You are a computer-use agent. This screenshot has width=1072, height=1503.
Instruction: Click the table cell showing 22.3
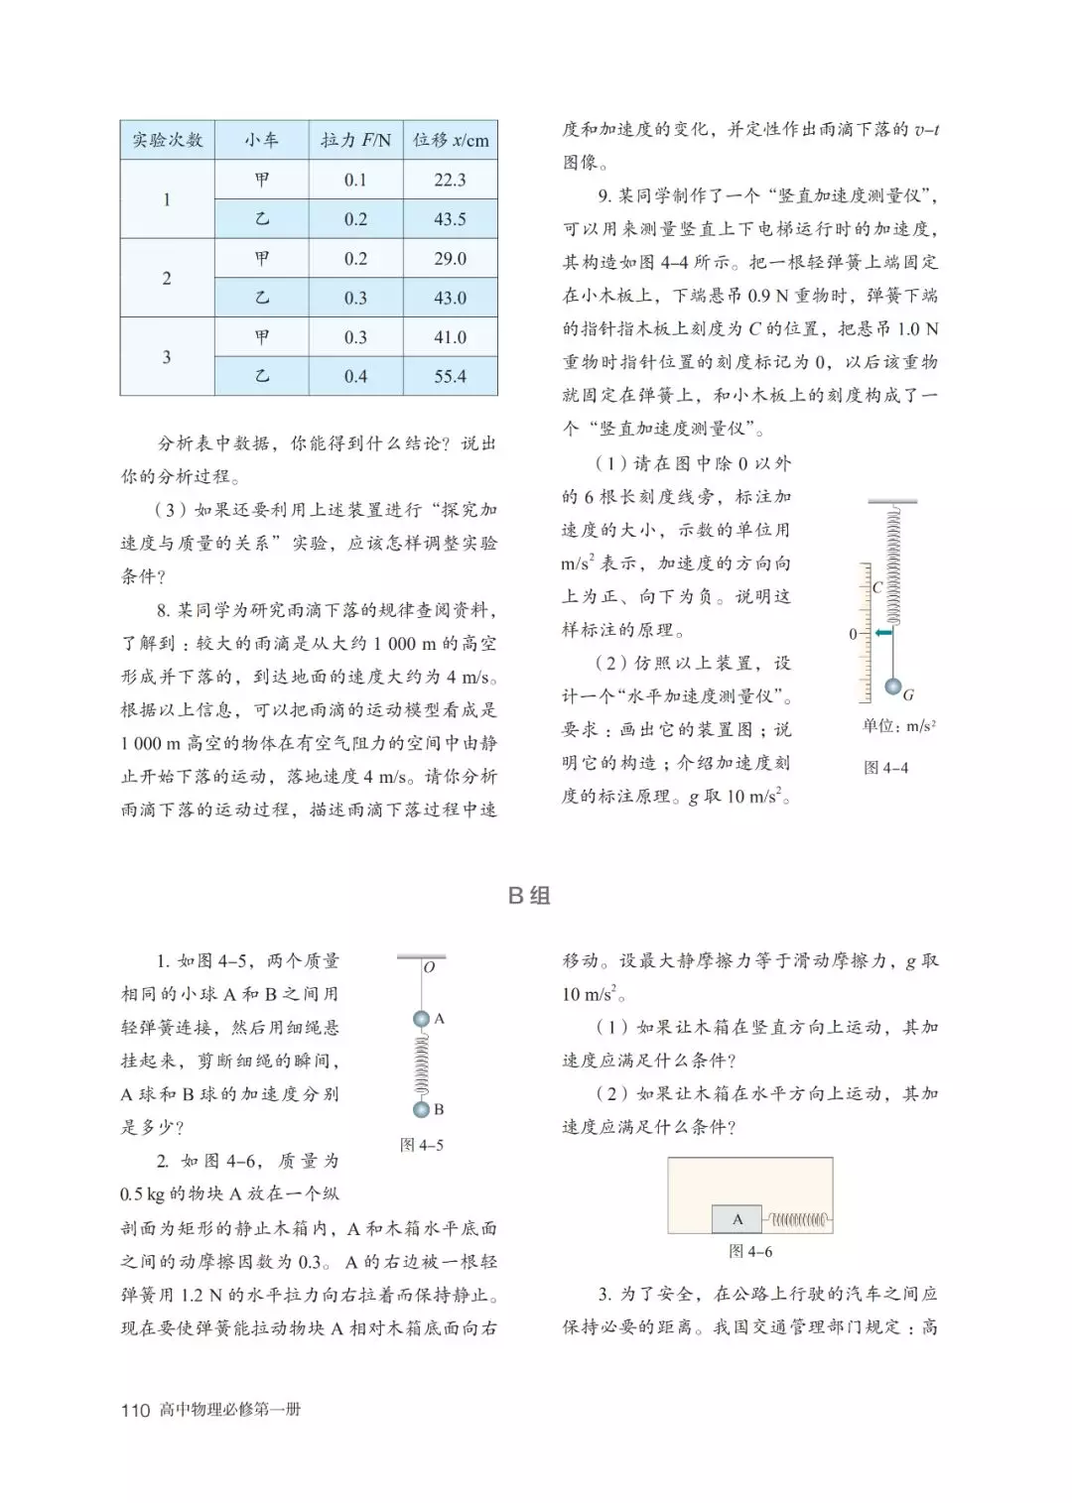pos(450,180)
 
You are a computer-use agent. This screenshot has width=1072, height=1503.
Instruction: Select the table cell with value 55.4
pos(450,376)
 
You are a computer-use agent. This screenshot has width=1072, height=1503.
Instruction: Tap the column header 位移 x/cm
pos(451,140)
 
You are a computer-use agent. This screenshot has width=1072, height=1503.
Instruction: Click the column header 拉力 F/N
pos(355,140)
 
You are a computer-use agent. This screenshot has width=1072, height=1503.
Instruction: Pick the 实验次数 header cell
pos(167,140)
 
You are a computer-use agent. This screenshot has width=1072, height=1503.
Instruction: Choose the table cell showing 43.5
pos(450,219)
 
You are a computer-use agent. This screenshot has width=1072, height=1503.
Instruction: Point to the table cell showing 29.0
pos(450,258)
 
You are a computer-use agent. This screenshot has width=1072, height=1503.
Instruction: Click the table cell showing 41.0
pos(450,337)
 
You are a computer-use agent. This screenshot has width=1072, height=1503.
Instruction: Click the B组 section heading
pos(529,895)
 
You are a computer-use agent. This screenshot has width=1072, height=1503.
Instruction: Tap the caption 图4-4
pos(885,767)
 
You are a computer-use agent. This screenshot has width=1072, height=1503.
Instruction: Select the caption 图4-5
pos(421,1145)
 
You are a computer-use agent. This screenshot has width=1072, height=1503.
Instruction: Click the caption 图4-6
pos(749,1251)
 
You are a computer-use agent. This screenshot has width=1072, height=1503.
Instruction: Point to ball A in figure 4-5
pos(421,1019)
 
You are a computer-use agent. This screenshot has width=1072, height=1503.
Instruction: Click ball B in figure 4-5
pos(421,1109)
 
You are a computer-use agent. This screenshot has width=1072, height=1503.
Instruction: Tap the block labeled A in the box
pos(737,1219)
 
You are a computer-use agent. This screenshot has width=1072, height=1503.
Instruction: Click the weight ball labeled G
pos(893,687)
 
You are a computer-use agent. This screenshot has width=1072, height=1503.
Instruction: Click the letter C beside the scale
pos(876,587)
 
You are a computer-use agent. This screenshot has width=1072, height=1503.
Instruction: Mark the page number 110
pos(135,1410)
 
